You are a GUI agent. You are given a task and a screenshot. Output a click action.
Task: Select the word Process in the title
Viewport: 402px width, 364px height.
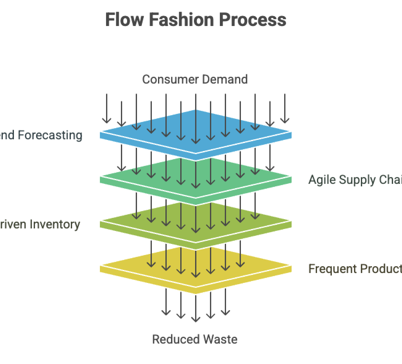coord(253,19)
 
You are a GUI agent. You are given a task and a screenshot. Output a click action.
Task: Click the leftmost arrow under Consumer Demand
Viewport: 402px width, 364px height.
coord(107,108)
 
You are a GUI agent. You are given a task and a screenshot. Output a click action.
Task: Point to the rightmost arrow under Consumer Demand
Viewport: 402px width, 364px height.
coord(285,108)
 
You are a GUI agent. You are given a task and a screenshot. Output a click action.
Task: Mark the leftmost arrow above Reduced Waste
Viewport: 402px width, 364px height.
coord(166,302)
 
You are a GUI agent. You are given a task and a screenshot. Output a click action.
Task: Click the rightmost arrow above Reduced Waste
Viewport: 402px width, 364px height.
coord(225,302)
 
